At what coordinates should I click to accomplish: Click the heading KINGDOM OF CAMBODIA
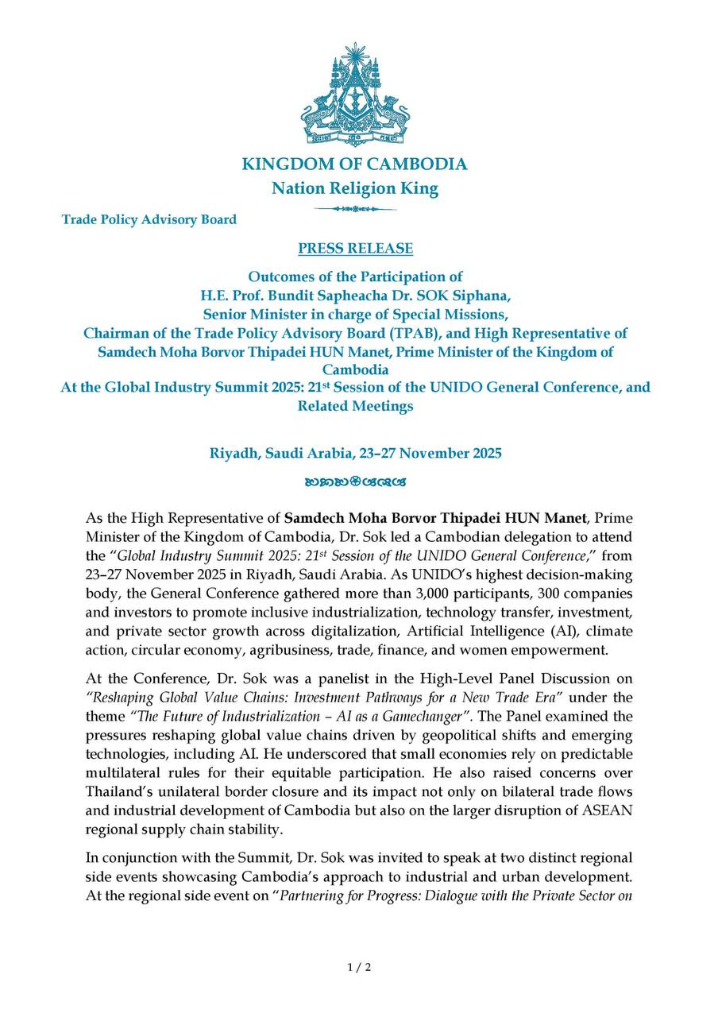tap(354, 164)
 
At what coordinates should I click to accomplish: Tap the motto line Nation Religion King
tap(354, 188)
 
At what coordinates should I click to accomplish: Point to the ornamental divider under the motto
tap(354, 209)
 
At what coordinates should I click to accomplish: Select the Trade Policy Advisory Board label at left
tap(149, 219)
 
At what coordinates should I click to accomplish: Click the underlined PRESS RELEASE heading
tap(355, 249)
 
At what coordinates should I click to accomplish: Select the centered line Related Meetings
tap(355, 406)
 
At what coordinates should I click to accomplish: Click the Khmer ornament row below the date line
tap(355, 481)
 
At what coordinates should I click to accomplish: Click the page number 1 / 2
tap(359, 967)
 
